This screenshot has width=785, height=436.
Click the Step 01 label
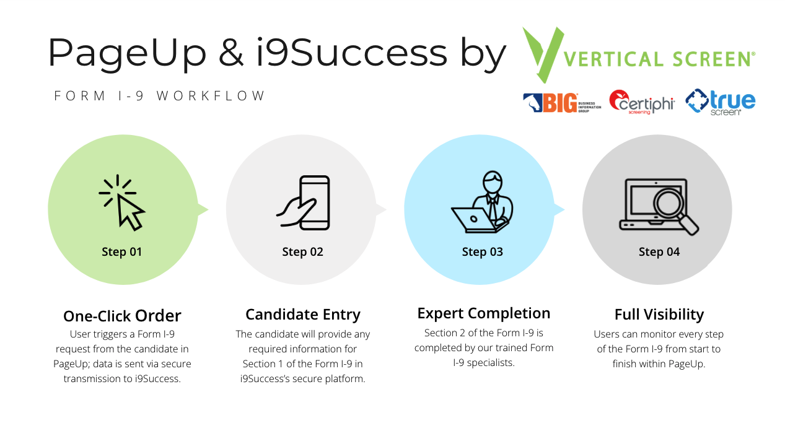point(122,252)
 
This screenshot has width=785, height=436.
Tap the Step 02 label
point(302,252)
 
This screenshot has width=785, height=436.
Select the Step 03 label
point(482,252)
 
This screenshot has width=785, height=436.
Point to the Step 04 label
point(659,252)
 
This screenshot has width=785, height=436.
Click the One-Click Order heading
point(122,316)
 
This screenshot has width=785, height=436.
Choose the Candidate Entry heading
point(302,315)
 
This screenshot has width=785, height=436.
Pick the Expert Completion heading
point(483,313)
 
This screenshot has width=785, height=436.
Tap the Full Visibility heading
point(659,315)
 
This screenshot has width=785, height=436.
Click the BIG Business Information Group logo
point(561,103)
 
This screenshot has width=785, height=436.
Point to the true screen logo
point(721,102)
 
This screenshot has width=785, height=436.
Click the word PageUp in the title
point(127,53)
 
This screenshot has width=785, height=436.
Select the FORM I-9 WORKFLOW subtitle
point(160,96)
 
